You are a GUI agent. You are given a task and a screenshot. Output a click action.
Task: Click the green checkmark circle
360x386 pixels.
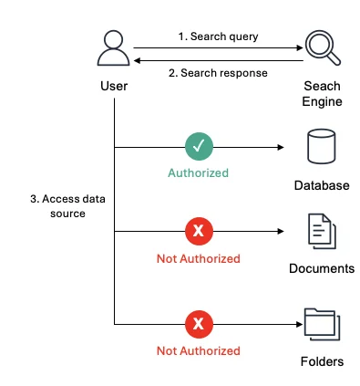point(199,146)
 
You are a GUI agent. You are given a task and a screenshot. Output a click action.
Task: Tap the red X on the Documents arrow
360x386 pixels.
point(199,231)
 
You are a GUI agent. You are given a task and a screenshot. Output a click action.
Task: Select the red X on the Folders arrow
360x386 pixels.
point(199,324)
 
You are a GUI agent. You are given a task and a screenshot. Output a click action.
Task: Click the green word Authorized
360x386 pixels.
point(198,172)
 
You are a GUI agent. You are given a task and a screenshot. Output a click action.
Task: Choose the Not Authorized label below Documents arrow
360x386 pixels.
point(199,258)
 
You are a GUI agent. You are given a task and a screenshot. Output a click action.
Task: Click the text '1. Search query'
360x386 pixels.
point(218,37)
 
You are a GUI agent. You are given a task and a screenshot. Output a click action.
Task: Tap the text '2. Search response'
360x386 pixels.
point(218,73)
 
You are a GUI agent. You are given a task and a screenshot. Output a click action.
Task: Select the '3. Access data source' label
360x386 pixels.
point(67,206)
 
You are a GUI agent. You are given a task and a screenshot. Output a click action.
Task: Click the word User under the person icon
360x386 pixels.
point(114,86)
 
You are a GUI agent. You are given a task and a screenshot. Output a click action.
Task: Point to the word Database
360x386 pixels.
point(322,185)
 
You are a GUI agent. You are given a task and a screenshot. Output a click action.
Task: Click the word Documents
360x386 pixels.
point(322,268)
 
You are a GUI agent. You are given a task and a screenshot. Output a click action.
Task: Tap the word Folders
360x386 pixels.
point(322,361)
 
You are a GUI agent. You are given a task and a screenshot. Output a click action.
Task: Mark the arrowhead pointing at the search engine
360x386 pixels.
point(300,47)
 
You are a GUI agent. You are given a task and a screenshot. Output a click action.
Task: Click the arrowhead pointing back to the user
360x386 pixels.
point(137,60)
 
